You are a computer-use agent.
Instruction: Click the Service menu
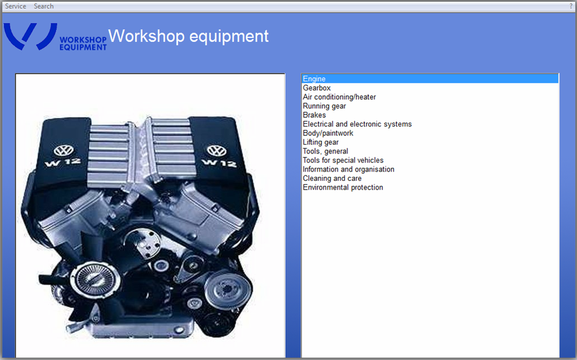[15, 6]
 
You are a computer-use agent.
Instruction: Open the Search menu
[44, 6]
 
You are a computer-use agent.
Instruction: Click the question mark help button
[571, 6]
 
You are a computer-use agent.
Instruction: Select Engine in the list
[314, 79]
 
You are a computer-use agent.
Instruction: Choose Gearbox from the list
[316, 88]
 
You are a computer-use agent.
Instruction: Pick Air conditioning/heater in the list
[340, 97]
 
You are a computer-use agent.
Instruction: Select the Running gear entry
[324, 106]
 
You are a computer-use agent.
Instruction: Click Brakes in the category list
[314, 115]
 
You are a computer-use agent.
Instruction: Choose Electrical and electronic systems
[357, 124]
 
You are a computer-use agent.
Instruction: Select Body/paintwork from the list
[328, 133]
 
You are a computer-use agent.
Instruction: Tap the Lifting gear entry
[320, 142]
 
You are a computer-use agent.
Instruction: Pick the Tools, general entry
[326, 151]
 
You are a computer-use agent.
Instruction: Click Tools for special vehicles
[343, 160]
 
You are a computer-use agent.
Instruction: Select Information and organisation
[348, 169]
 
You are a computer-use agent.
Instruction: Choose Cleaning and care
[332, 178]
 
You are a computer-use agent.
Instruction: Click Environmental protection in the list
[343, 187]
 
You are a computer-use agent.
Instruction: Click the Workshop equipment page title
[188, 36]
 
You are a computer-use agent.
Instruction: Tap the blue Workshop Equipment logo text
[83, 43]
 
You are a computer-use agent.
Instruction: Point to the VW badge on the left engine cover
[64, 151]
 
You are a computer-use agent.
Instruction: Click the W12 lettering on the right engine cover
[219, 163]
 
